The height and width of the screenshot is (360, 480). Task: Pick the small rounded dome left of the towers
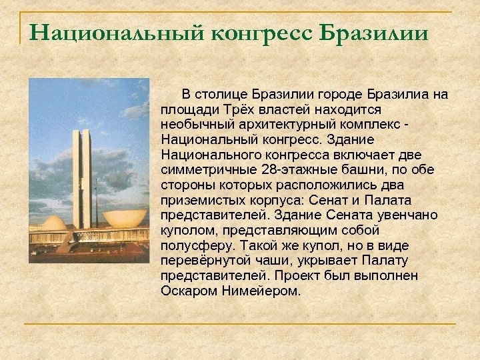pyautogui.click(x=53, y=223)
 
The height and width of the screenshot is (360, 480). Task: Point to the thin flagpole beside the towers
pyautogui.click(x=95, y=200)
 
